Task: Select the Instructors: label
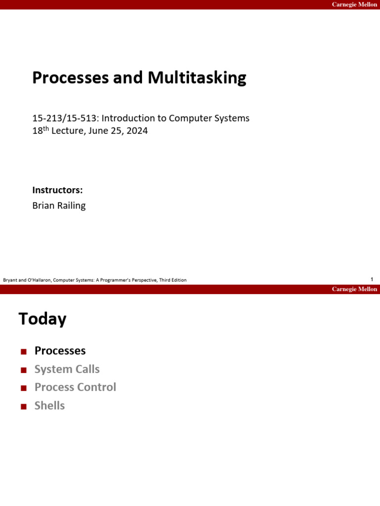pos(57,190)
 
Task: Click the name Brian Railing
pos(59,206)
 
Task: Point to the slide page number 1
pos(372,280)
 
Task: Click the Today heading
pos(43,319)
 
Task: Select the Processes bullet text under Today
pos(60,351)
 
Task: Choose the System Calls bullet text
pos(67,369)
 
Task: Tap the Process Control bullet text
pos(75,387)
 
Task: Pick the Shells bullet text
pos(49,406)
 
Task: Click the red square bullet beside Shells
pos(23,407)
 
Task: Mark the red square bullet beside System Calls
pos(23,370)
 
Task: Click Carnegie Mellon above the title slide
pos(354,4)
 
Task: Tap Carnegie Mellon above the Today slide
pos(354,289)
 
